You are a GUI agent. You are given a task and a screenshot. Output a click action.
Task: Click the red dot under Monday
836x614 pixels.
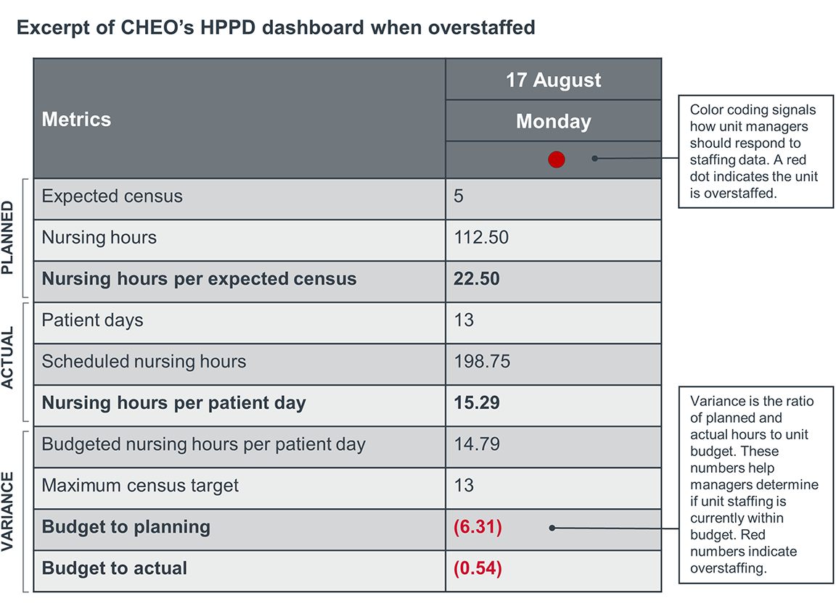coord(556,159)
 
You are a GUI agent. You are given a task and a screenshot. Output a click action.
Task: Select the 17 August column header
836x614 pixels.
coord(553,80)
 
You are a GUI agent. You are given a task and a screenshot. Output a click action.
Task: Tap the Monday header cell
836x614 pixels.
coord(553,121)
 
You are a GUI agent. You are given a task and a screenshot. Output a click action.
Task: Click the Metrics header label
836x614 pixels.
coord(76,120)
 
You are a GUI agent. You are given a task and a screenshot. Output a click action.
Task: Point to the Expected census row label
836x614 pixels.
coord(112,196)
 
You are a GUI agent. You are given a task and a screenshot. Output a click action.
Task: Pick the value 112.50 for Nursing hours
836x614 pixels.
coord(481,238)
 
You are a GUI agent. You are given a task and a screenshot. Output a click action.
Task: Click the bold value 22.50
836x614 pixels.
coord(476,279)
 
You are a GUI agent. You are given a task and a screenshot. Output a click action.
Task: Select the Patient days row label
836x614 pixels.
coord(92,320)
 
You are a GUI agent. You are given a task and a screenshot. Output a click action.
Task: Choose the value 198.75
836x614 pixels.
coord(482,362)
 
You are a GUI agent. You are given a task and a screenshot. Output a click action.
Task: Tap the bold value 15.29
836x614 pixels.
coord(476,403)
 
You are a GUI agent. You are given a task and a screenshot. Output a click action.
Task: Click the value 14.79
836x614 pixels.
coord(476,444)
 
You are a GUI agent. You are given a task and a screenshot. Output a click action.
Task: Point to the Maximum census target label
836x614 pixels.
coord(140,486)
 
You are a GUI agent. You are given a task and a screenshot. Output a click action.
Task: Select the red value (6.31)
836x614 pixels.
coord(478,527)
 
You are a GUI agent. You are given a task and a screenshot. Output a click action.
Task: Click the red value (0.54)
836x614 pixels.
coord(478,568)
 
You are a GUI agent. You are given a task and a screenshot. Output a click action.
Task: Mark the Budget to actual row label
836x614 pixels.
coord(115,568)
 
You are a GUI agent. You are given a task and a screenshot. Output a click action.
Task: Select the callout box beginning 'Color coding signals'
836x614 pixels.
coord(755,152)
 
